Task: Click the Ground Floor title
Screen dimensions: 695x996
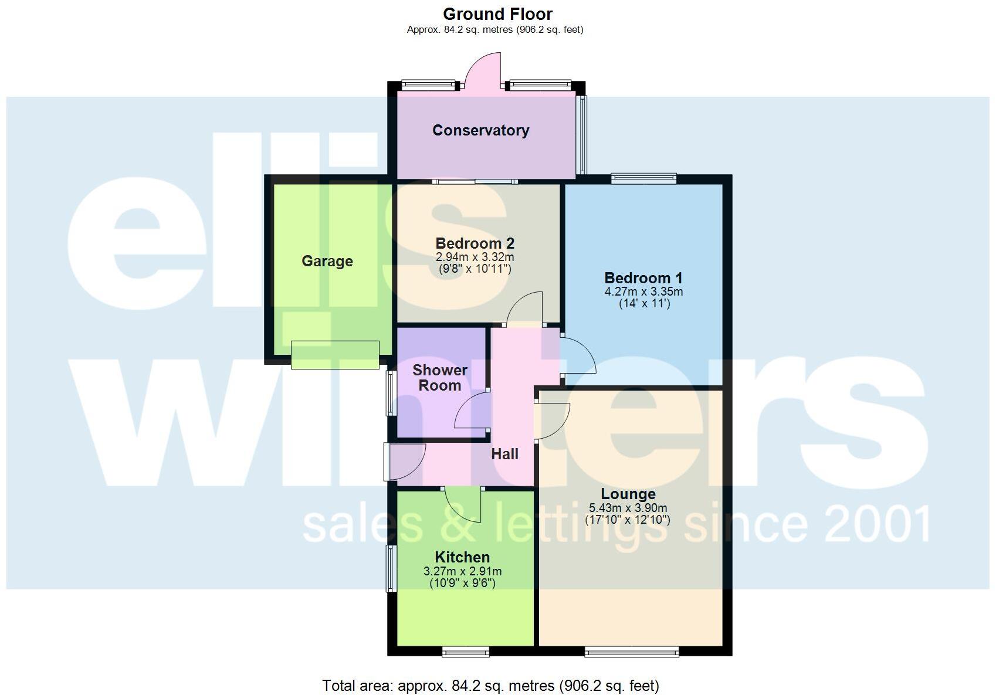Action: (497, 14)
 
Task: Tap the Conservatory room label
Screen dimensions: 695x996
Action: (480, 130)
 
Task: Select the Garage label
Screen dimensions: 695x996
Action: (327, 261)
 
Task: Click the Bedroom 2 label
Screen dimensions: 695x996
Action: (475, 243)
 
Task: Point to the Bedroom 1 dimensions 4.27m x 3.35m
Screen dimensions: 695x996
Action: (643, 291)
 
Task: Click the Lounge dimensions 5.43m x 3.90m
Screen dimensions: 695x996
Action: (628, 508)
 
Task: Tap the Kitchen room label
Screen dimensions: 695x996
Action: (462, 557)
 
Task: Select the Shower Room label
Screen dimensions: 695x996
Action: (439, 378)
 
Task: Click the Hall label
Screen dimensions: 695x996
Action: (504, 454)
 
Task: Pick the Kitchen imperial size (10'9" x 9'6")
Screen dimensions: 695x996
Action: (462, 583)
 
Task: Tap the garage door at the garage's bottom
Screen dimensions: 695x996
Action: (335, 355)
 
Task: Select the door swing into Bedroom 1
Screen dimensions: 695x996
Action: (578, 355)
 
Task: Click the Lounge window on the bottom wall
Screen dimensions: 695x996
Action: (631, 651)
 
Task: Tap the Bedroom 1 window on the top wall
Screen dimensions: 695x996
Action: (643, 178)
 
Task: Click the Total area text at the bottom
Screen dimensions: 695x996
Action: (490, 685)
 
